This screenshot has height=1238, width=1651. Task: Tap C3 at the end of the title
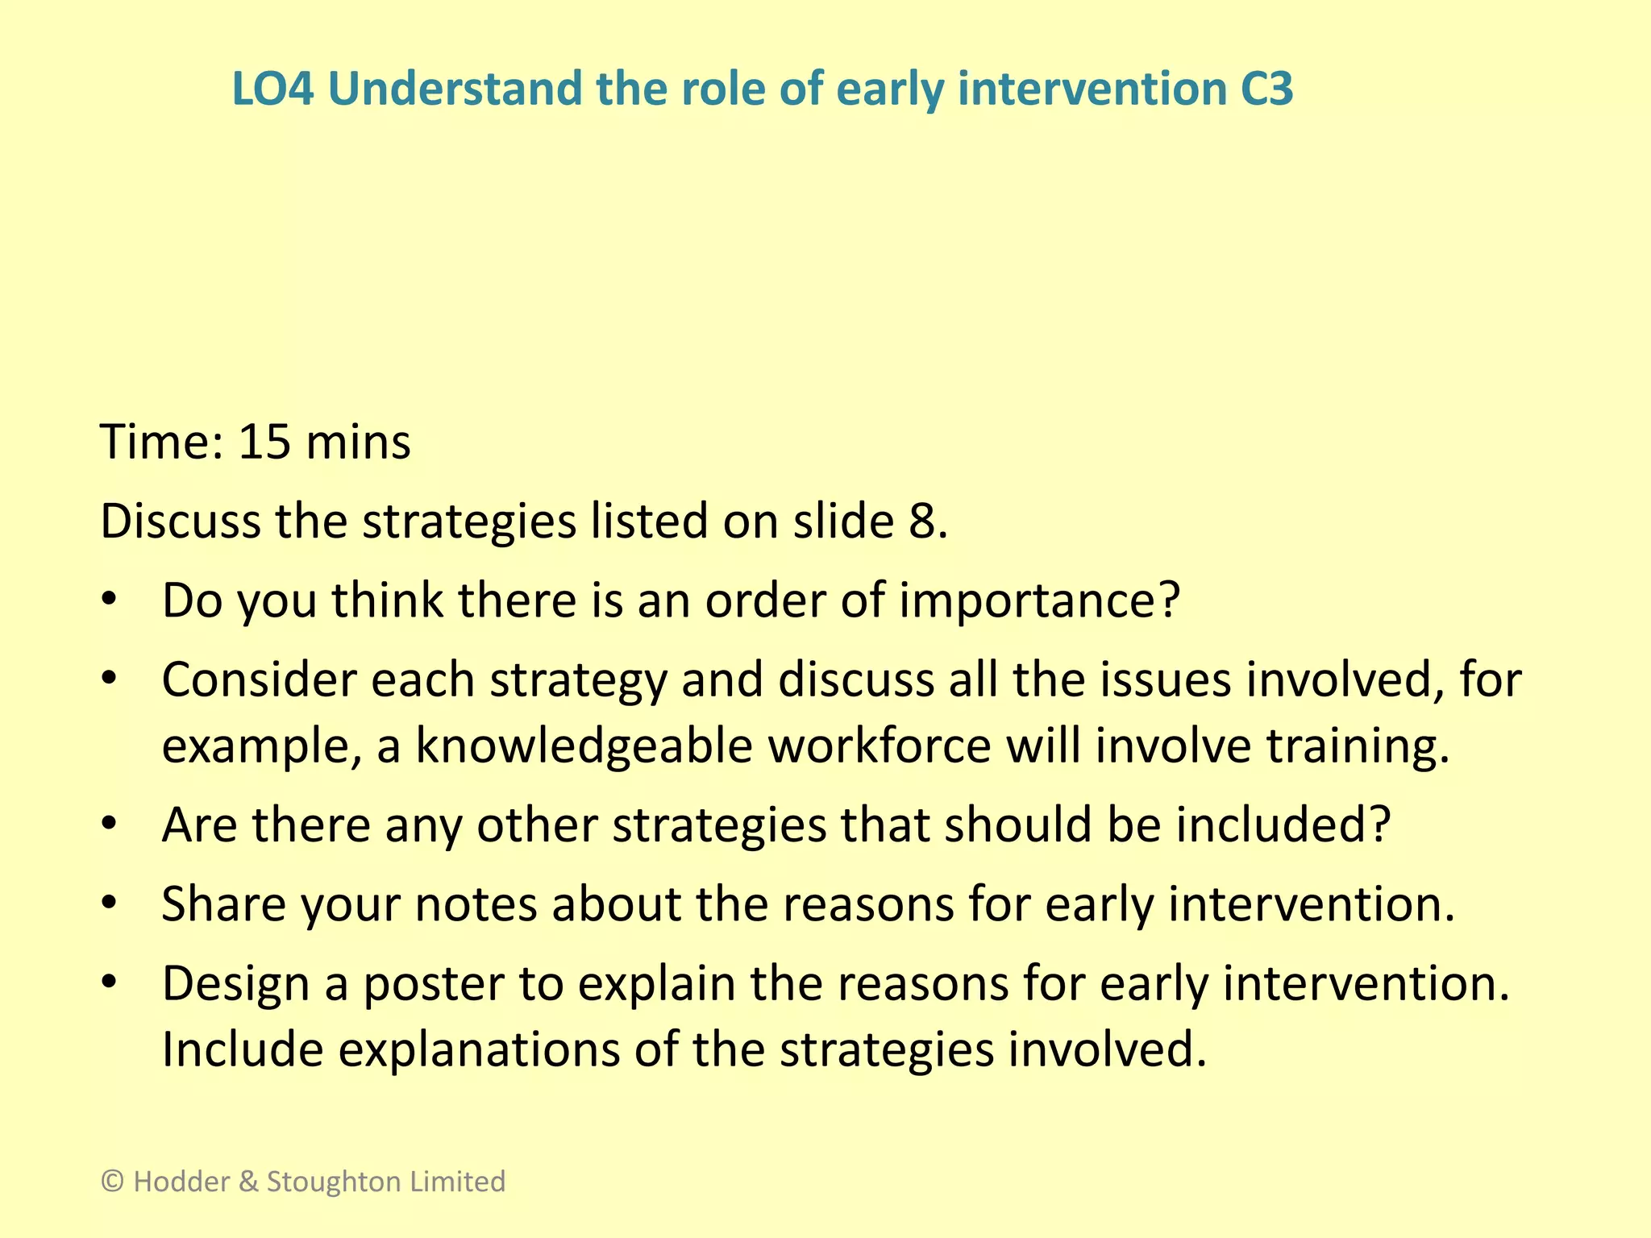(x=1266, y=89)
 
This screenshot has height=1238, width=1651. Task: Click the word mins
(x=358, y=442)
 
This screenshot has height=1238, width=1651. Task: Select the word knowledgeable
(x=584, y=746)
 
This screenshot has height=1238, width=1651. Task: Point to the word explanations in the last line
(x=478, y=1049)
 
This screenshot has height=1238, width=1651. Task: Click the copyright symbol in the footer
(x=112, y=1182)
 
